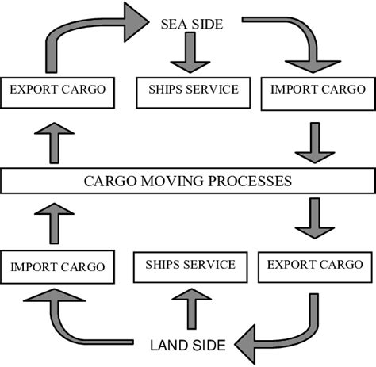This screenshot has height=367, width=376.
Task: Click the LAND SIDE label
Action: point(189,346)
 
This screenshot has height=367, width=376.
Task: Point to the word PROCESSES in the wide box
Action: point(252,181)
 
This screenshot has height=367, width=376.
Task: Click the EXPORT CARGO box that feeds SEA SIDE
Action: point(58,91)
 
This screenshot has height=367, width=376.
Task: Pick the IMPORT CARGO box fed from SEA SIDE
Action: point(317,91)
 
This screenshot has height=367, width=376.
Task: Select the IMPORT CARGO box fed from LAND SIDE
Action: point(58,266)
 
